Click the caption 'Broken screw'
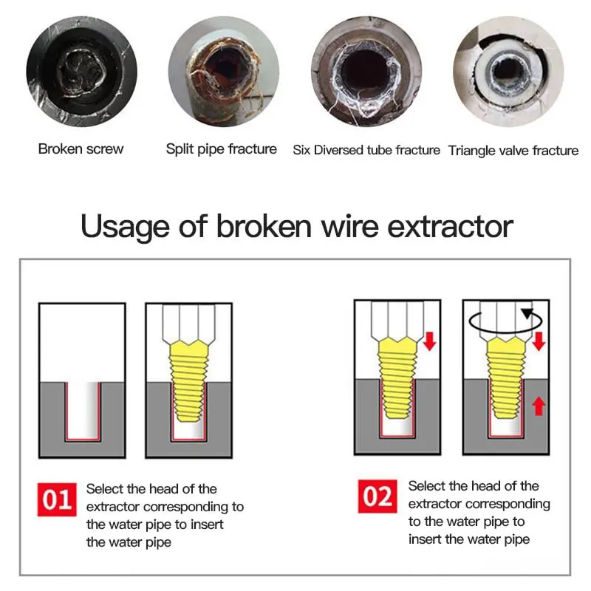81,149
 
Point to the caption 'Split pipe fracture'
222,149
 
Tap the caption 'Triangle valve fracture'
513,151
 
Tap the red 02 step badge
378,496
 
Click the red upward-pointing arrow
539,406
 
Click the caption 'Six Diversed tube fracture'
366,150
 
